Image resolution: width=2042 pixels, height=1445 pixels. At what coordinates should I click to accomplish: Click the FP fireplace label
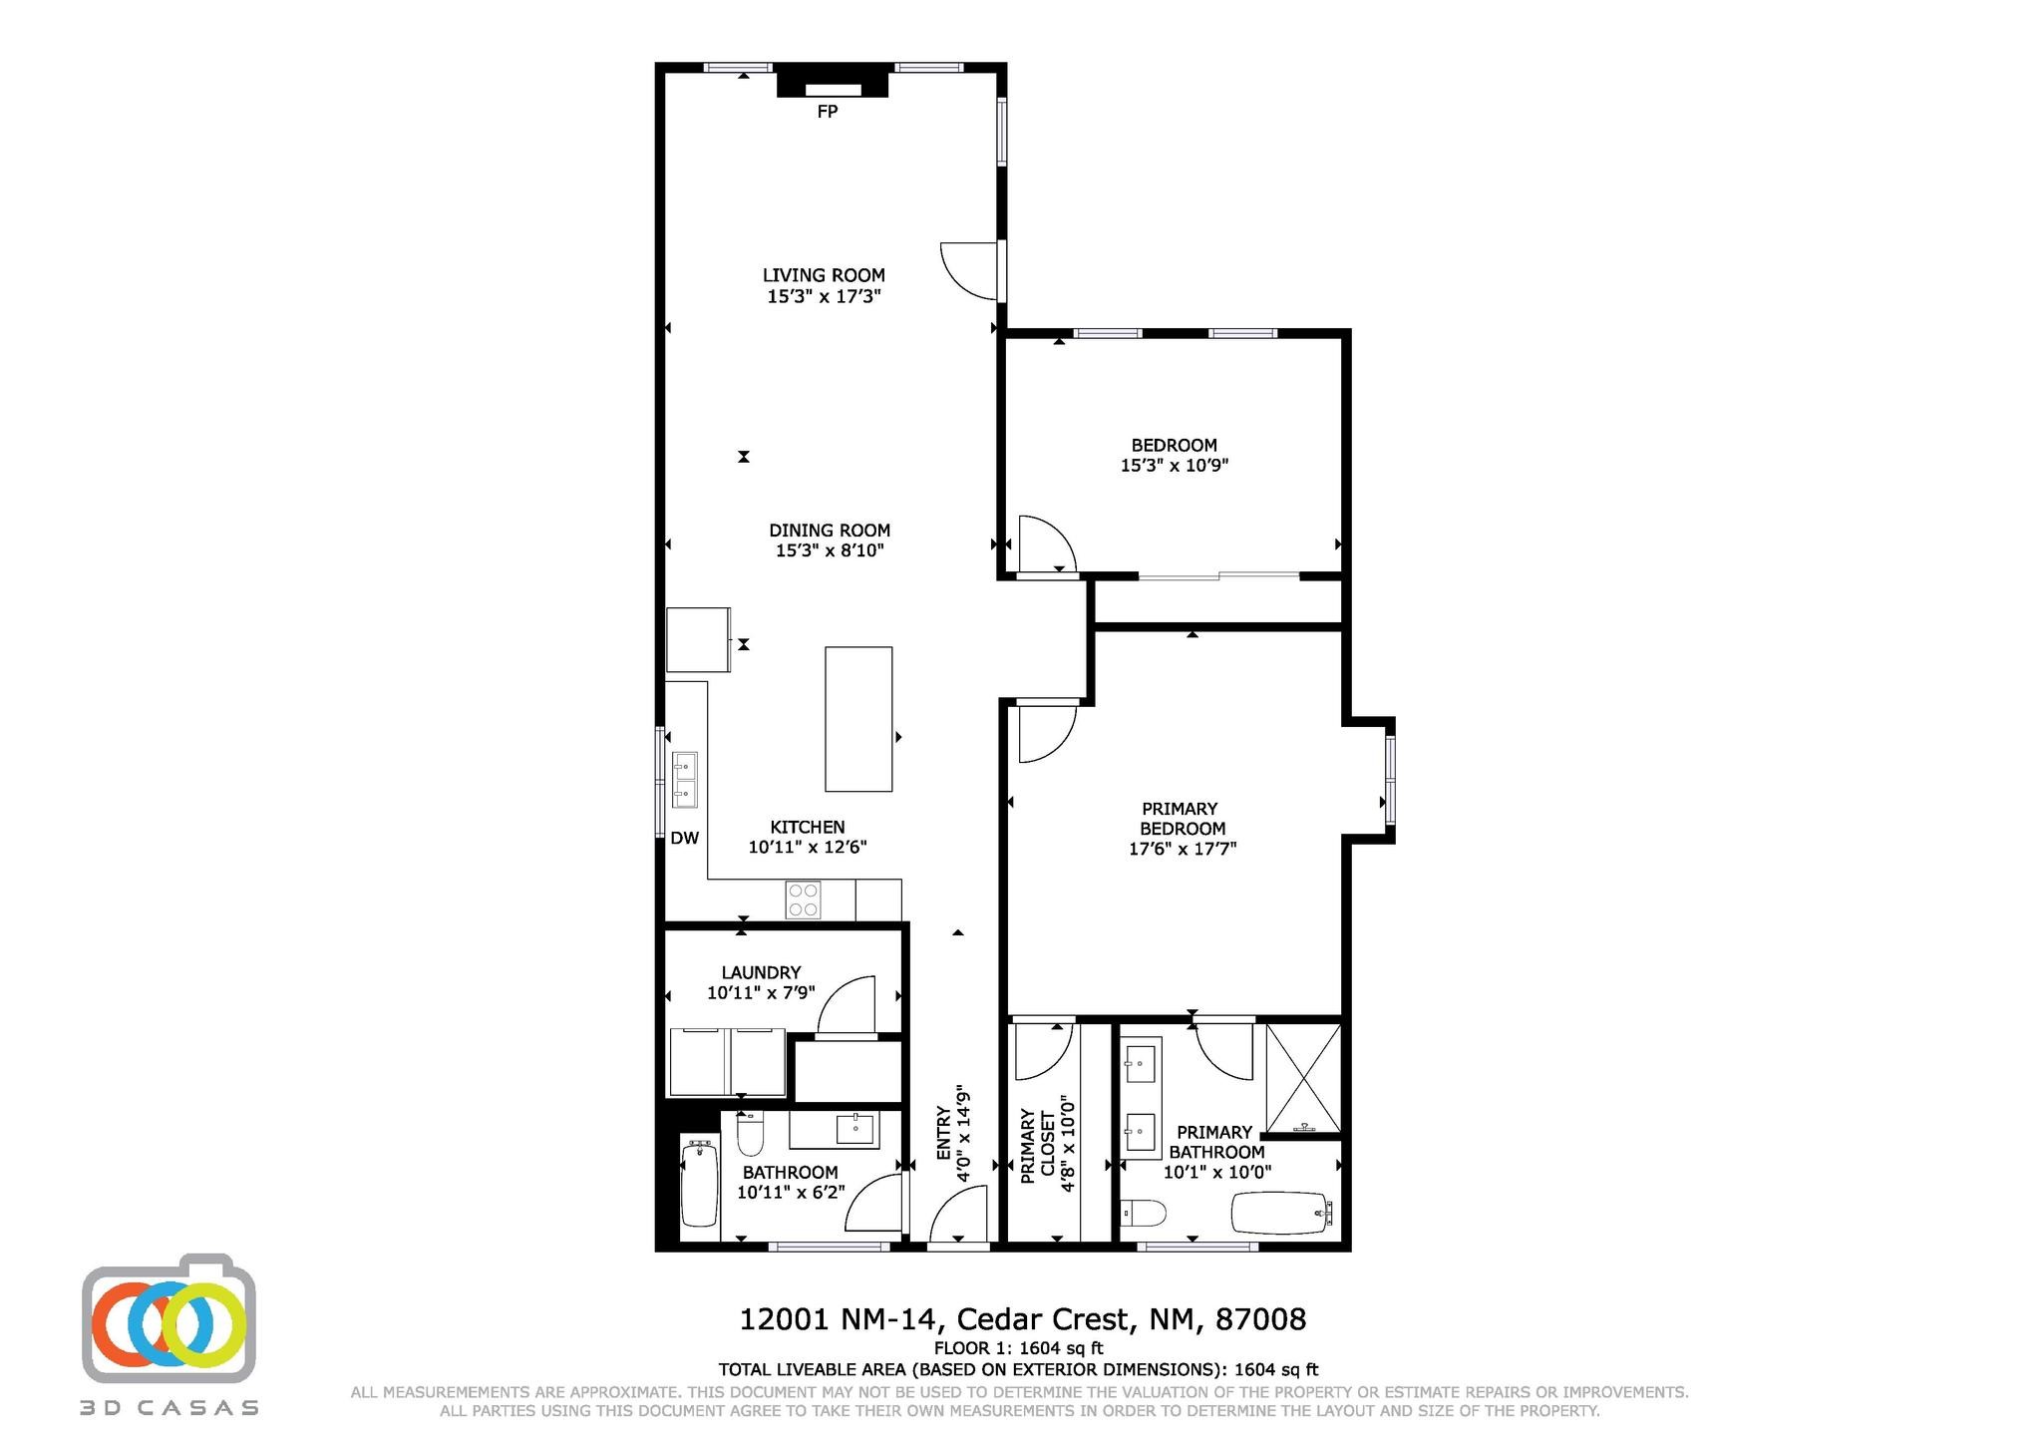click(x=827, y=112)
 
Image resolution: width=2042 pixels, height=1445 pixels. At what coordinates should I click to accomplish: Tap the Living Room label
click(x=824, y=275)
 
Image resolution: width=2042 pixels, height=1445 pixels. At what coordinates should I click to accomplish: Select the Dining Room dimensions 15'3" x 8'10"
click(x=830, y=550)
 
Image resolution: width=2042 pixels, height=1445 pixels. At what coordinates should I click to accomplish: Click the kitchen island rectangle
click(x=858, y=719)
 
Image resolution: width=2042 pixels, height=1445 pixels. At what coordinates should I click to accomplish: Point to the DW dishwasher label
click(x=684, y=839)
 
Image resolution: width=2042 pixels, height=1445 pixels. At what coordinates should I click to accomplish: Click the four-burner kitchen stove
click(x=804, y=900)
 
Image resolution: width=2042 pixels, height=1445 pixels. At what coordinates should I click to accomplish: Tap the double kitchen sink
click(x=685, y=780)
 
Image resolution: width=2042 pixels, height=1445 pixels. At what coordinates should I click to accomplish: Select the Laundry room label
click(x=761, y=972)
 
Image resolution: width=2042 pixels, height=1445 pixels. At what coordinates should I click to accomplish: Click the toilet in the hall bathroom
click(x=750, y=1132)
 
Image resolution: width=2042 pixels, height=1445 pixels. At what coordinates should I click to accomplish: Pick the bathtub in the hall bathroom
click(x=699, y=1184)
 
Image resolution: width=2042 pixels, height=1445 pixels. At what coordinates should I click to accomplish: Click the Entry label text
click(x=944, y=1134)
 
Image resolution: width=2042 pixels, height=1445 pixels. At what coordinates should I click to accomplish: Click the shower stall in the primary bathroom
click(x=1303, y=1079)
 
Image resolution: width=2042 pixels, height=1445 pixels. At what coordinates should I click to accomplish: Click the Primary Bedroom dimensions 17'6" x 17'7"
click(x=1183, y=849)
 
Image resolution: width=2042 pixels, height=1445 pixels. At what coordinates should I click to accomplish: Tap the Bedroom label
click(x=1174, y=445)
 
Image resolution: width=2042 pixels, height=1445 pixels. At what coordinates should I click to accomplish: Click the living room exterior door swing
click(x=970, y=270)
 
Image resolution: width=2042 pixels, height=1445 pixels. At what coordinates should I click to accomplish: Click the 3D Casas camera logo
click(x=170, y=1319)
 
